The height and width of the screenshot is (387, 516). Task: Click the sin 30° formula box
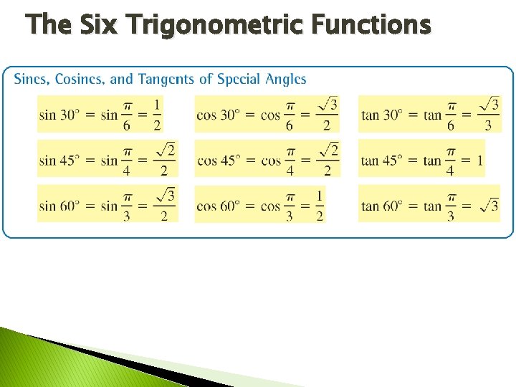(100, 115)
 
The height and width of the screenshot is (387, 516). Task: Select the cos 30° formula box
(267, 115)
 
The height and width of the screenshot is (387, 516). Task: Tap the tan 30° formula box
(429, 115)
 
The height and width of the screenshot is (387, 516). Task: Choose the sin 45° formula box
(107, 159)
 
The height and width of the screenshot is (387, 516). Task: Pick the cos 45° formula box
(267, 159)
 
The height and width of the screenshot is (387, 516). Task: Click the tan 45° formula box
(421, 159)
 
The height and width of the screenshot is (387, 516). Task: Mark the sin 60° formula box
(107, 204)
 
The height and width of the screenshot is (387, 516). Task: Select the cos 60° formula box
(260, 204)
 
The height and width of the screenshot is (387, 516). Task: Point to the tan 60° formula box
(429, 204)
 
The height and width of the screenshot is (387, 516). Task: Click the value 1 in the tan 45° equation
(479, 161)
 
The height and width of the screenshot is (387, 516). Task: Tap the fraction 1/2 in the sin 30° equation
(157, 115)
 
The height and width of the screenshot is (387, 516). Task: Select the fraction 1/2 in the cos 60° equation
(319, 205)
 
